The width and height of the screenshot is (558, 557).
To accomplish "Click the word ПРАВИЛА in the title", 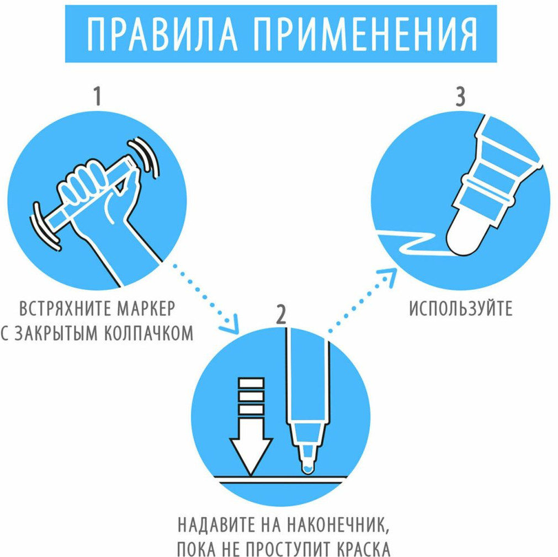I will coord(162,34).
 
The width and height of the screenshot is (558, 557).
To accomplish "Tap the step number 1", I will coord(98,97).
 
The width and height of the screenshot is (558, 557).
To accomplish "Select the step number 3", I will coord(460,97).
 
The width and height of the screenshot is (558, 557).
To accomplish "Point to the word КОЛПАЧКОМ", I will coord(148,333).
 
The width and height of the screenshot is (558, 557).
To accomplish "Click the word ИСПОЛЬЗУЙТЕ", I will coord(460,309).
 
